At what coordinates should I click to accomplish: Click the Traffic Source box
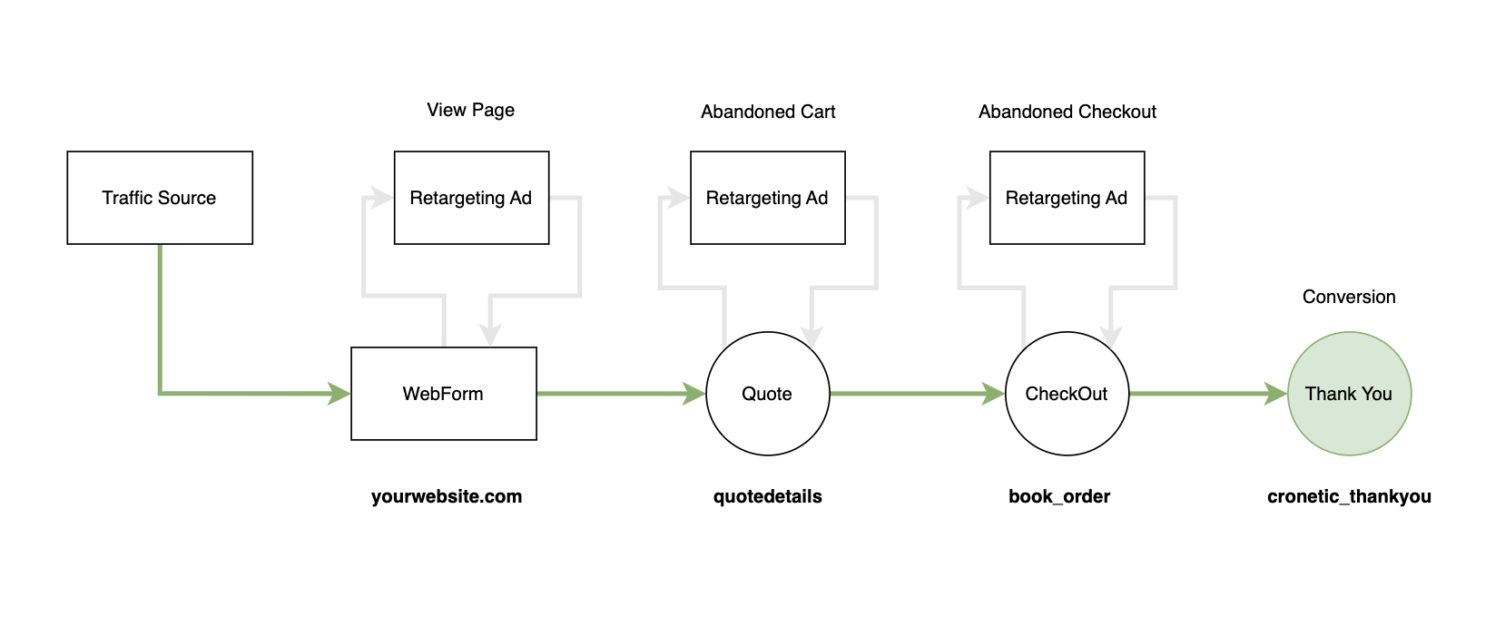tap(160, 198)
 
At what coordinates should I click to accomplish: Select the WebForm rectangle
tap(444, 394)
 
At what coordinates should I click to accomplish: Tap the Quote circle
tap(768, 394)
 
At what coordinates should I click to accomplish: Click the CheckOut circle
tap(1067, 394)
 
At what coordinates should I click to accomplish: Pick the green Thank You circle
tap(1349, 394)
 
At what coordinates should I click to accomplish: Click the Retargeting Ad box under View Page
tap(472, 198)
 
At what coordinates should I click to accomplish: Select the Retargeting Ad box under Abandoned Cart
tap(768, 198)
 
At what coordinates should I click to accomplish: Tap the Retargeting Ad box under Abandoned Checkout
tap(1067, 198)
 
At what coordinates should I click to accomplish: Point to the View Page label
tap(470, 110)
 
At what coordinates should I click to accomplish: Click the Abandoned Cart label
tap(768, 112)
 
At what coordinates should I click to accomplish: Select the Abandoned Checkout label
tap(1067, 112)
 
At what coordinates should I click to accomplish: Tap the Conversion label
tap(1349, 297)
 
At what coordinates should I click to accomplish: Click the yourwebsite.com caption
tap(447, 496)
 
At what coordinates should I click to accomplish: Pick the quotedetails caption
tap(768, 496)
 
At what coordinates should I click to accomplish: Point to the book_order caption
tap(1059, 496)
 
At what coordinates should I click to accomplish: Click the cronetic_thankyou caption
tap(1349, 496)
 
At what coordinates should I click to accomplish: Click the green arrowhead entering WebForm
tap(339, 394)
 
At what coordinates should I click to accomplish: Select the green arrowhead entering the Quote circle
tap(694, 394)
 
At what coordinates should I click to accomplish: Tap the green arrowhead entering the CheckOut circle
tap(993, 394)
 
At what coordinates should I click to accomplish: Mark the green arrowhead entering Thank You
tap(1275, 394)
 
